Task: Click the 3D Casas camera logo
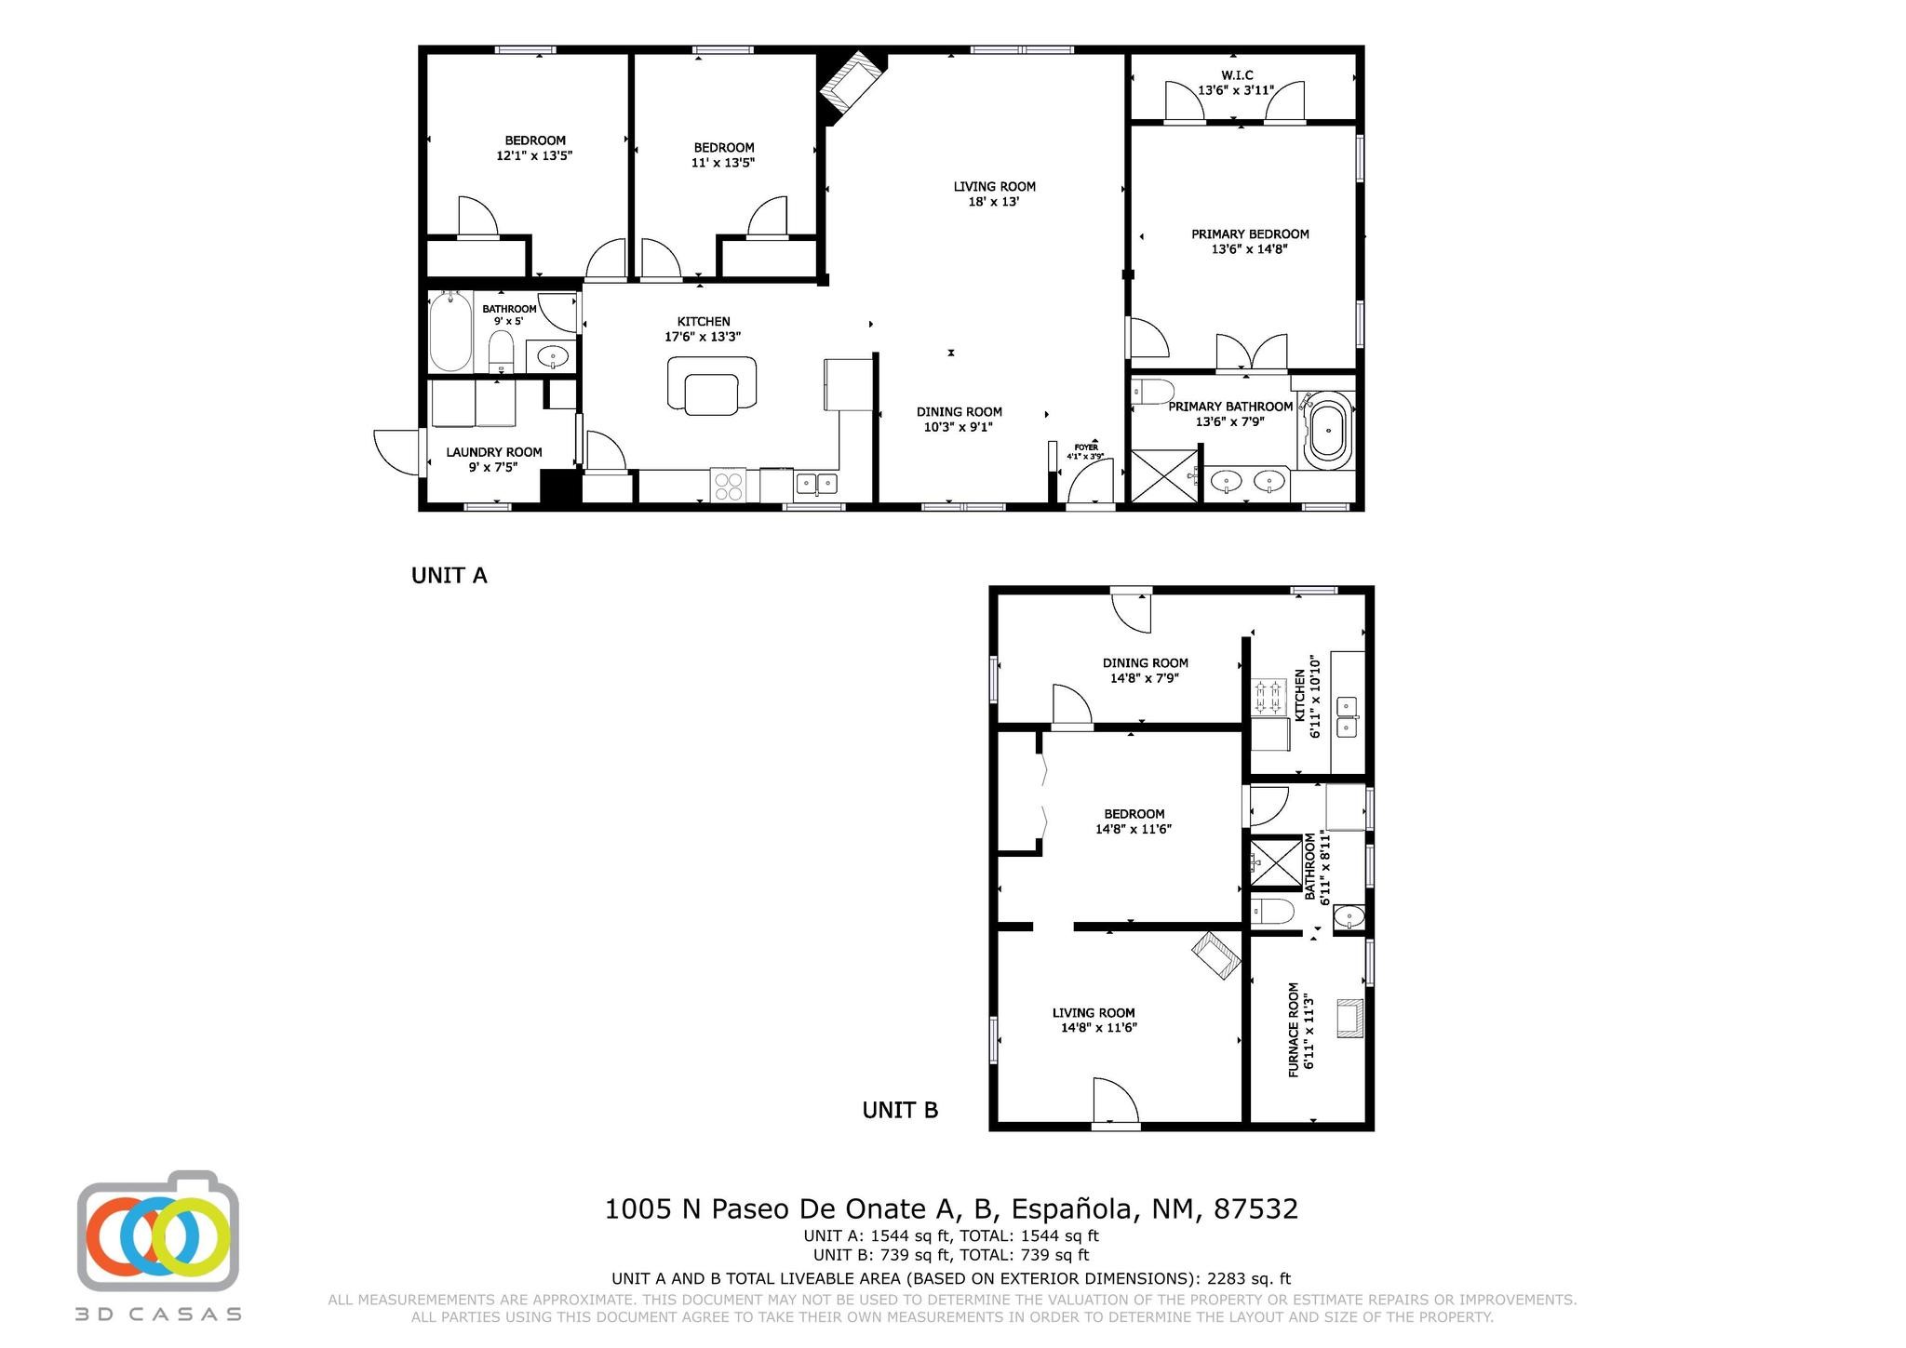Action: point(158,1230)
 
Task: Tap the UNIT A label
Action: point(450,576)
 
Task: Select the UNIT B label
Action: point(900,1110)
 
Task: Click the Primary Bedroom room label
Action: point(1250,241)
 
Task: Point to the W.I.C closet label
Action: point(1236,83)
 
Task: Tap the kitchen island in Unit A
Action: point(712,384)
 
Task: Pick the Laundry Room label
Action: point(493,460)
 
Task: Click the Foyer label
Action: point(1085,452)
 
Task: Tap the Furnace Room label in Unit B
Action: point(1300,1031)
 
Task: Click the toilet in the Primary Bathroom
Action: point(1153,392)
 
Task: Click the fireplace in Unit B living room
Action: point(1216,955)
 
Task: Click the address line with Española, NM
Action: point(951,1208)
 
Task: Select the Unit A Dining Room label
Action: point(959,420)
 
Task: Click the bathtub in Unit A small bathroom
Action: point(450,331)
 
